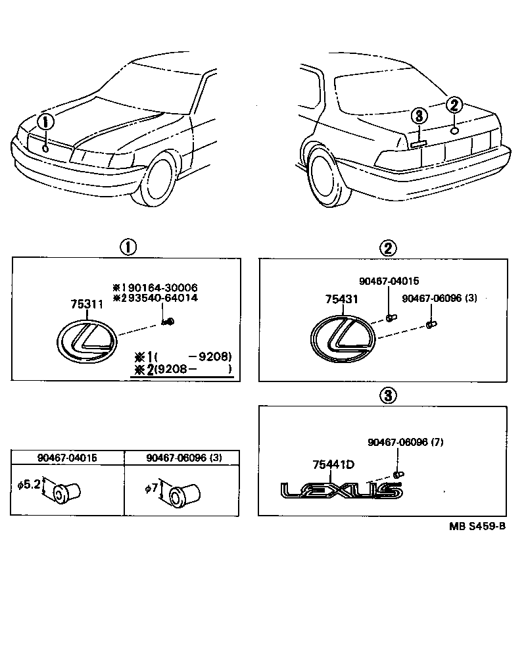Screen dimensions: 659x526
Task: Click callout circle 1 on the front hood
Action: click(x=45, y=123)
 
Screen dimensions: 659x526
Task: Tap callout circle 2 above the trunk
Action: click(x=455, y=105)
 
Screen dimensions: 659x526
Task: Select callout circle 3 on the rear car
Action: click(x=419, y=117)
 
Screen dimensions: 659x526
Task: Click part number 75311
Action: click(x=87, y=304)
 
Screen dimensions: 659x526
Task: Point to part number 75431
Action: click(x=341, y=299)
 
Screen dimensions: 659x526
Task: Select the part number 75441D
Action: click(x=333, y=465)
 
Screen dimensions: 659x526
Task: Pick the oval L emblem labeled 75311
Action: click(x=86, y=341)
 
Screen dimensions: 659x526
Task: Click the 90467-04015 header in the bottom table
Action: click(x=67, y=458)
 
